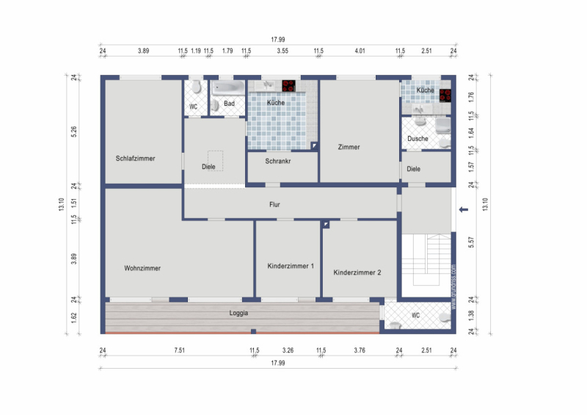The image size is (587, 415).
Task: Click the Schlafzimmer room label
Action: tap(135, 159)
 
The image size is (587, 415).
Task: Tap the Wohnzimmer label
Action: tap(142, 268)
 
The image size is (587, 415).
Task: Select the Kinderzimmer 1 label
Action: tap(291, 266)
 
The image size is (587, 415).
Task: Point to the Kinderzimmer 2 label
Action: tap(357, 273)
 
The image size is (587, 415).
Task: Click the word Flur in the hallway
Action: tap(274, 205)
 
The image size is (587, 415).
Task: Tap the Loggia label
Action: tap(238, 313)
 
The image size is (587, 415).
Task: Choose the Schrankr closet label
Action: tap(278, 161)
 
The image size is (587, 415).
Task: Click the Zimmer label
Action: tap(349, 148)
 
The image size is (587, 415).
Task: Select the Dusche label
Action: tap(418, 139)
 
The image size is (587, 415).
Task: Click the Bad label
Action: tap(229, 104)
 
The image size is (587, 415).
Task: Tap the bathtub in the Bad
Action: tap(228, 88)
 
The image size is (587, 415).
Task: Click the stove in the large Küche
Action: tap(288, 86)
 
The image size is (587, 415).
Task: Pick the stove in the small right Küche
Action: tap(445, 95)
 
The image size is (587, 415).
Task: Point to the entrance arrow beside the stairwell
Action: tap(464, 209)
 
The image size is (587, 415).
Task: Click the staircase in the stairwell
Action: tap(426, 259)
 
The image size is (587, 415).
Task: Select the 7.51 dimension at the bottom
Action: tap(179, 350)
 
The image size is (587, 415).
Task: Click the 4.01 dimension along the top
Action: tap(360, 51)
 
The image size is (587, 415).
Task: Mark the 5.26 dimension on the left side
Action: tap(74, 132)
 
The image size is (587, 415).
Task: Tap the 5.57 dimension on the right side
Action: tap(471, 242)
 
